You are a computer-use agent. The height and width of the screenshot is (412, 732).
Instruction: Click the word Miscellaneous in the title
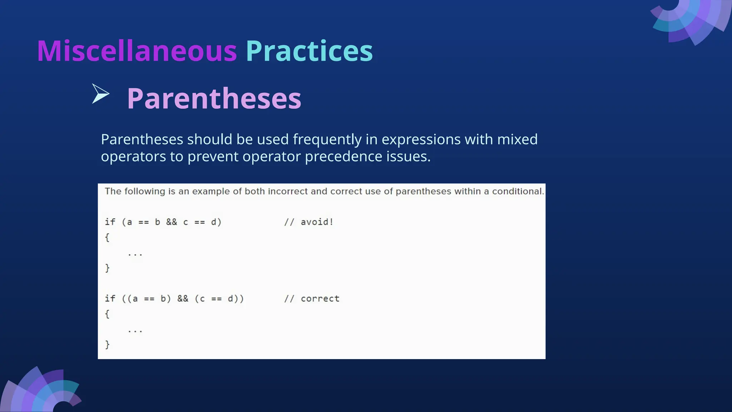click(137, 51)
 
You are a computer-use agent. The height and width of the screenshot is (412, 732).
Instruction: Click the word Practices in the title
click(309, 51)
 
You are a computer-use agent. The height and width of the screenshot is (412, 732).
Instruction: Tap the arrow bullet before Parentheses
click(100, 94)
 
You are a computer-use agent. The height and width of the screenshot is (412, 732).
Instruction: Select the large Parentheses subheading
click(214, 98)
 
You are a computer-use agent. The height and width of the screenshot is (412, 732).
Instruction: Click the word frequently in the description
click(327, 139)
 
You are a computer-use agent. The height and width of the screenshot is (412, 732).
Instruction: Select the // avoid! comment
click(309, 222)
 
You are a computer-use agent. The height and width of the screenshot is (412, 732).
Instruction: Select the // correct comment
click(312, 299)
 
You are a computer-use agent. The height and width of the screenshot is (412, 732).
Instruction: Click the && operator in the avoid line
click(172, 222)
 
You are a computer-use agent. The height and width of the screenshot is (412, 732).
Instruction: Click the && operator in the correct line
click(183, 299)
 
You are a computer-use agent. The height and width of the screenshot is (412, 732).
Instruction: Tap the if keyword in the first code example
click(110, 222)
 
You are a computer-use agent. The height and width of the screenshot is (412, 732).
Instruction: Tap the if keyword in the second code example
click(110, 299)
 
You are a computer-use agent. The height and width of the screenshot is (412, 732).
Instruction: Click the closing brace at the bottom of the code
click(107, 344)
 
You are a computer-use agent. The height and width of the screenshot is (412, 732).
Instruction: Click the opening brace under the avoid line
click(107, 237)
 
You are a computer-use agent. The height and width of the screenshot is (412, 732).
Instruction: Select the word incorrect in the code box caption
click(287, 191)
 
